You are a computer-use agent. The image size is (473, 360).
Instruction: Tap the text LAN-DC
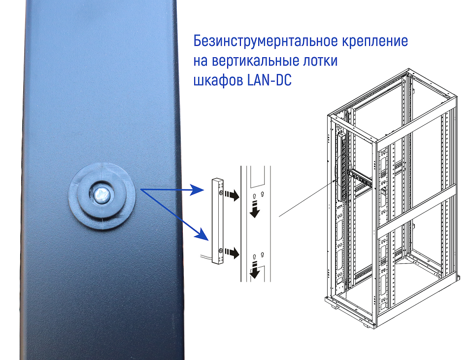tap(269, 80)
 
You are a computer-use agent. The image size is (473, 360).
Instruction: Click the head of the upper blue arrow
tap(199, 190)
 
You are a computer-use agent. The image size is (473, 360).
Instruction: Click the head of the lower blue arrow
tap(203, 235)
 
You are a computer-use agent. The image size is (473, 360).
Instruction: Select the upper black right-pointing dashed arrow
tap(232, 195)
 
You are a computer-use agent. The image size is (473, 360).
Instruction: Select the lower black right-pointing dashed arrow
tap(232, 253)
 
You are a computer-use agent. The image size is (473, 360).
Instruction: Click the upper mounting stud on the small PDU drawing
tap(221, 192)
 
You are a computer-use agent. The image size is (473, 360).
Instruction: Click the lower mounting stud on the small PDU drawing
tap(221, 251)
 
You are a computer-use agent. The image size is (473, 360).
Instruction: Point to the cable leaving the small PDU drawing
tap(206, 257)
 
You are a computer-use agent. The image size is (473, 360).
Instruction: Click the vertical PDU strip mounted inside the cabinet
tap(342, 167)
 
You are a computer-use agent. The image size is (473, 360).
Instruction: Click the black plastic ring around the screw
tap(102, 196)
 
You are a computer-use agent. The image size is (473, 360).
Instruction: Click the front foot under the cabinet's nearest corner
tap(369, 326)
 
